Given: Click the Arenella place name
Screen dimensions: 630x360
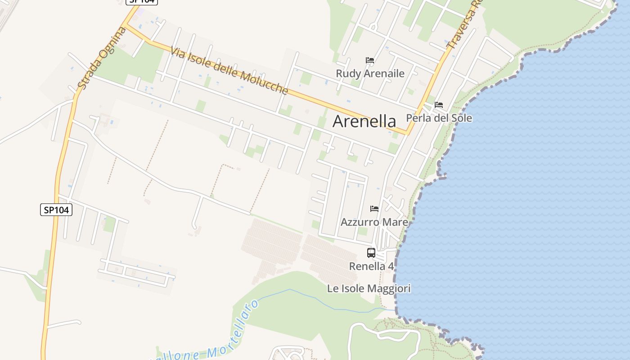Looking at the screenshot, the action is [x=364, y=121].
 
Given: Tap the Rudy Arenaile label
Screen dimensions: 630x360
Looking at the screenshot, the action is [x=370, y=73].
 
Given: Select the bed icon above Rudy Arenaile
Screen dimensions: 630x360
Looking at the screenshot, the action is [x=370, y=60].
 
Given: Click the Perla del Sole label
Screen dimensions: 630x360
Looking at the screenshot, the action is [x=439, y=118].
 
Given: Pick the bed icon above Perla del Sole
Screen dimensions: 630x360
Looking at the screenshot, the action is [x=439, y=105].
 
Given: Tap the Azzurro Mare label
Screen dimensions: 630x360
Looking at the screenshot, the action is [x=374, y=222].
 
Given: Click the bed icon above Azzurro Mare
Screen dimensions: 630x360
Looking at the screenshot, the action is [x=374, y=208].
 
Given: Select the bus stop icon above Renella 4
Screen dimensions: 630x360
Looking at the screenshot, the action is [x=371, y=253].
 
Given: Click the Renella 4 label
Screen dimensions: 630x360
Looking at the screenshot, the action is [x=371, y=266].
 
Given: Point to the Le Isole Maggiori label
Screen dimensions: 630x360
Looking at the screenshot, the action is [x=369, y=288].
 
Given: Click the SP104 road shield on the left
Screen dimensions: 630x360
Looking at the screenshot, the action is [x=56, y=210].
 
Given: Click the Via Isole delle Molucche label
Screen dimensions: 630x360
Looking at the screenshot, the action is [x=229, y=71].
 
